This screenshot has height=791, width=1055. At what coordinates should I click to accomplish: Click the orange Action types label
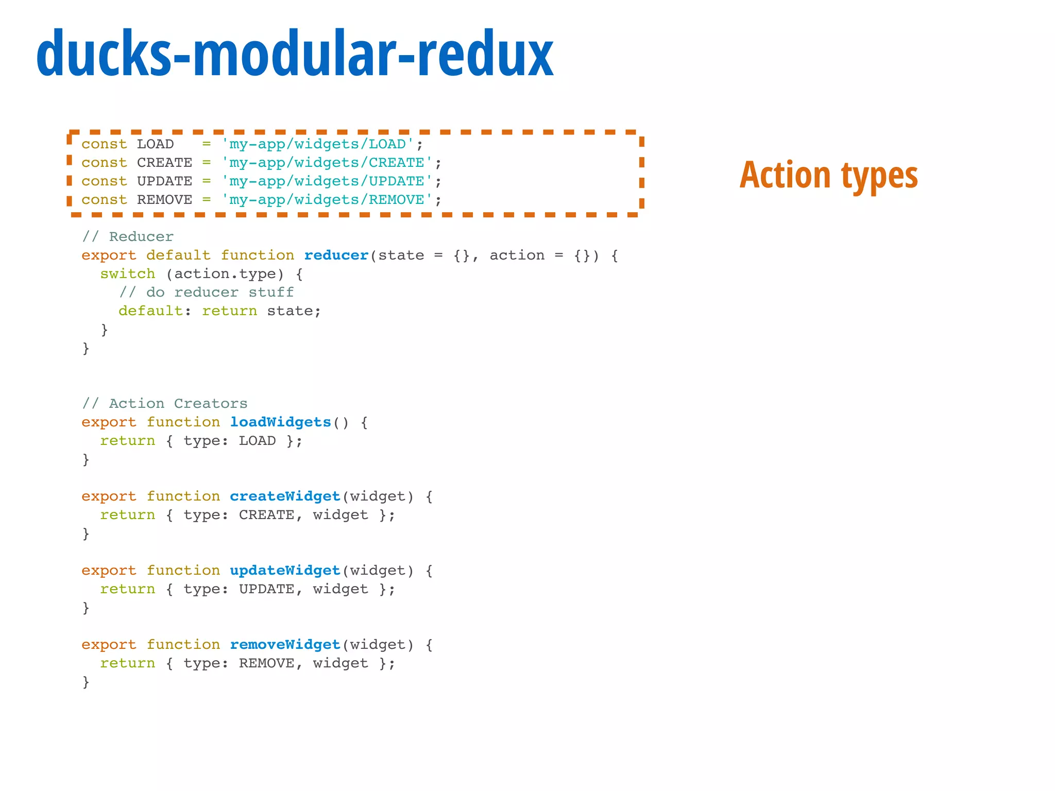829,175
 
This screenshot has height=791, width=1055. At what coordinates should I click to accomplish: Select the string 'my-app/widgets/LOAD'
318,144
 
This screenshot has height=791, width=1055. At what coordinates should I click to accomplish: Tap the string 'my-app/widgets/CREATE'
327,163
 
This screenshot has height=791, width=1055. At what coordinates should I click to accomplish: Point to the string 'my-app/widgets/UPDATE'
327,181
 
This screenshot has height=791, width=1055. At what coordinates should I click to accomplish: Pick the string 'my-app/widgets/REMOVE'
327,200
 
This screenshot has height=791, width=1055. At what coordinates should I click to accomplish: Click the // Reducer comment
128,237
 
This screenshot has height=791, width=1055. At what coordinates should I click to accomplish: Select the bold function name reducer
336,255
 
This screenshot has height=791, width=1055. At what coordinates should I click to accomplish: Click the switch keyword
128,274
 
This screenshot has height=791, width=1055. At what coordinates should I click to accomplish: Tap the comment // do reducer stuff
207,293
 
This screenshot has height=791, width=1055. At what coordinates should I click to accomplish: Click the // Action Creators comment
165,404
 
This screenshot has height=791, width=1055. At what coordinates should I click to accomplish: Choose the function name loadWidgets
281,422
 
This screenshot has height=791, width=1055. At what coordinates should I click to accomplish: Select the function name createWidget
285,496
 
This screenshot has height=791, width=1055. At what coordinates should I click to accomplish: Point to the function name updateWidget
285,571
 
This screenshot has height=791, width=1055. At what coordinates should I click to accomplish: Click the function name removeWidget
285,645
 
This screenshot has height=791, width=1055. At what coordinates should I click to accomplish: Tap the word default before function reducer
179,255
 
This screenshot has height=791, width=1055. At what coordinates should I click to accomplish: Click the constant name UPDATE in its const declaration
165,181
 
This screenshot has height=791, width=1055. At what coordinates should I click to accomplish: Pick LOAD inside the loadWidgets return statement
258,441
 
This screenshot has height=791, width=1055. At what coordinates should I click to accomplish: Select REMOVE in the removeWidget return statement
267,663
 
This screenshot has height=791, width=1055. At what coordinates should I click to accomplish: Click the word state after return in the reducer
290,311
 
